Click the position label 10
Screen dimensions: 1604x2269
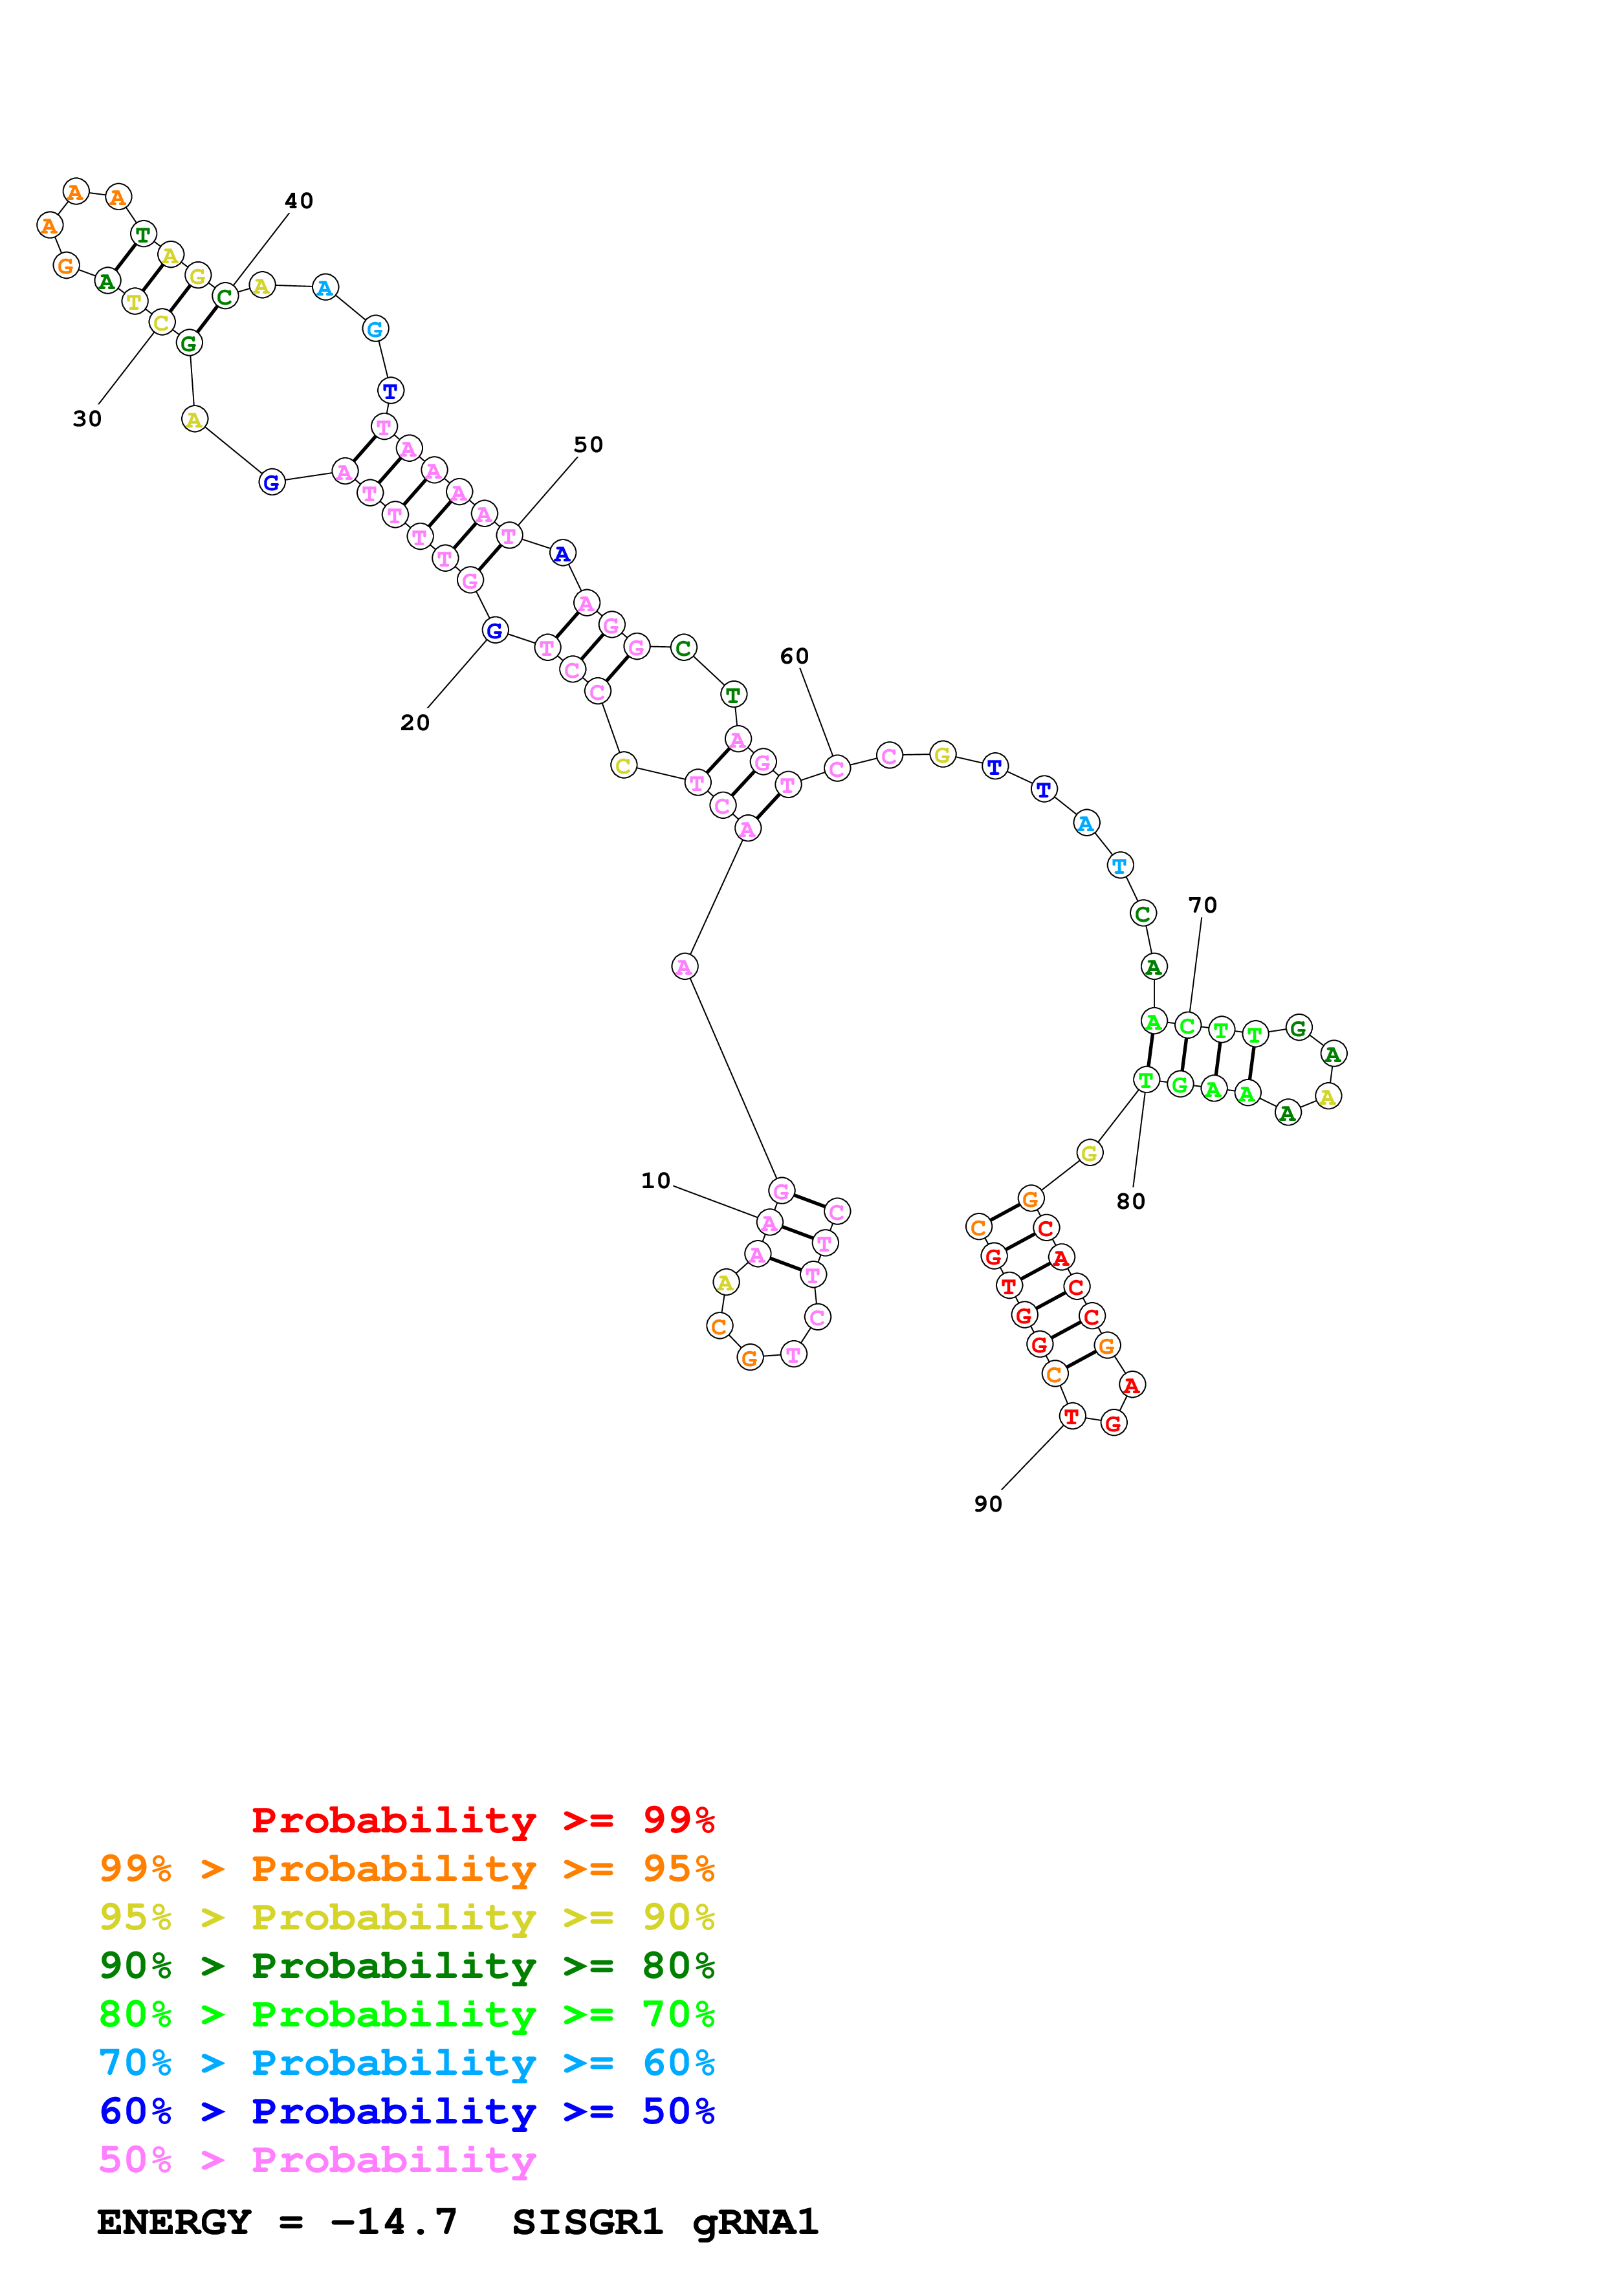pyautogui.click(x=655, y=1181)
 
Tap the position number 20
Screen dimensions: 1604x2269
pyautogui.click(x=415, y=722)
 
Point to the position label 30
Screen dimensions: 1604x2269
pyautogui.click(x=87, y=419)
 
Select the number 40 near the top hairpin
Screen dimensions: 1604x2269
pyautogui.click(x=298, y=201)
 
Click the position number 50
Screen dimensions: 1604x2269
pyautogui.click(x=588, y=445)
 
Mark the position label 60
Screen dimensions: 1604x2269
pyautogui.click(x=794, y=657)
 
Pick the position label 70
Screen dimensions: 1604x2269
pyautogui.click(x=1202, y=906)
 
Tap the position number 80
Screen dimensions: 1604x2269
pyautogui.click(x=1130, y=1202)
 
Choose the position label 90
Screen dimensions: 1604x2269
pyautogui.click(x=987, y=1504)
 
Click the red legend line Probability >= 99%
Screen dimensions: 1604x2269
pyautogui.click(x=482, y=1820)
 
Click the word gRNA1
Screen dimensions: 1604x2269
pyautogui.click(x=755, y=2222)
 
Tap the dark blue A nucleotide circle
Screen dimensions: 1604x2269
pyautogui.click(x=562, y=554)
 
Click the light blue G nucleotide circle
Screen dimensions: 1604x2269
pyautogui.click(x=375, y=329)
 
